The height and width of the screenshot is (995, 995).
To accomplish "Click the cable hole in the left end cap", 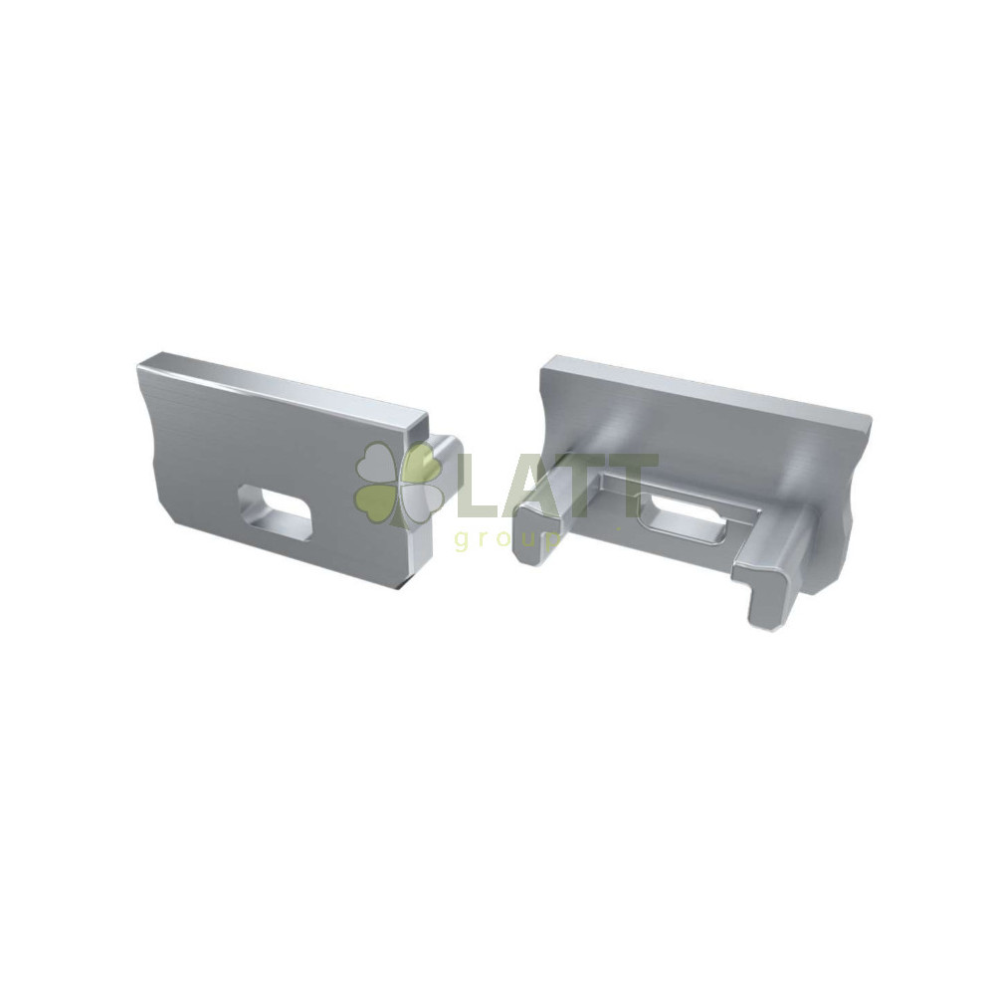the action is pos(275,506).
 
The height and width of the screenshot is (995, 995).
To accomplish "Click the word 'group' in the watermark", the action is pos(507,540).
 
